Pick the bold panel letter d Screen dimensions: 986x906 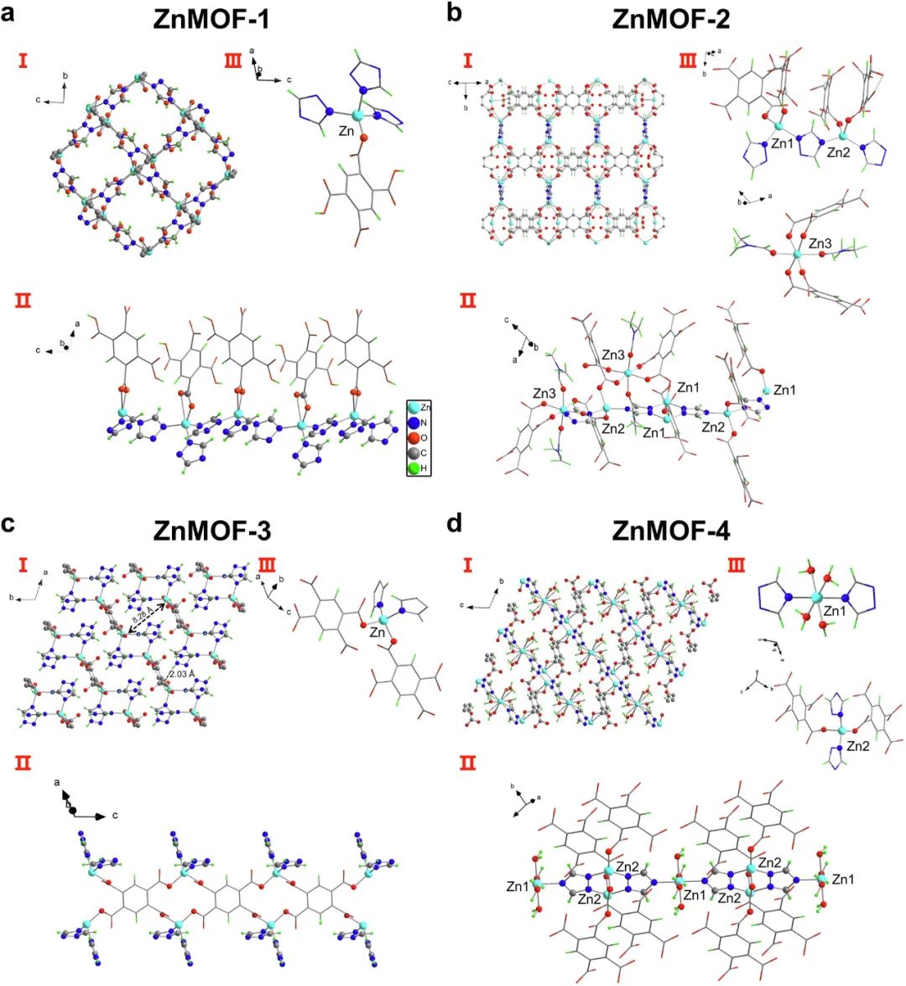pos(454,525)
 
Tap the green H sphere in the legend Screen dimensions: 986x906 pos(414,469)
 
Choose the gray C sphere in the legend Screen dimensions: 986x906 pos(414,454)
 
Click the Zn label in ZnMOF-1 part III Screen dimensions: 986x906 pos(346,133)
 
